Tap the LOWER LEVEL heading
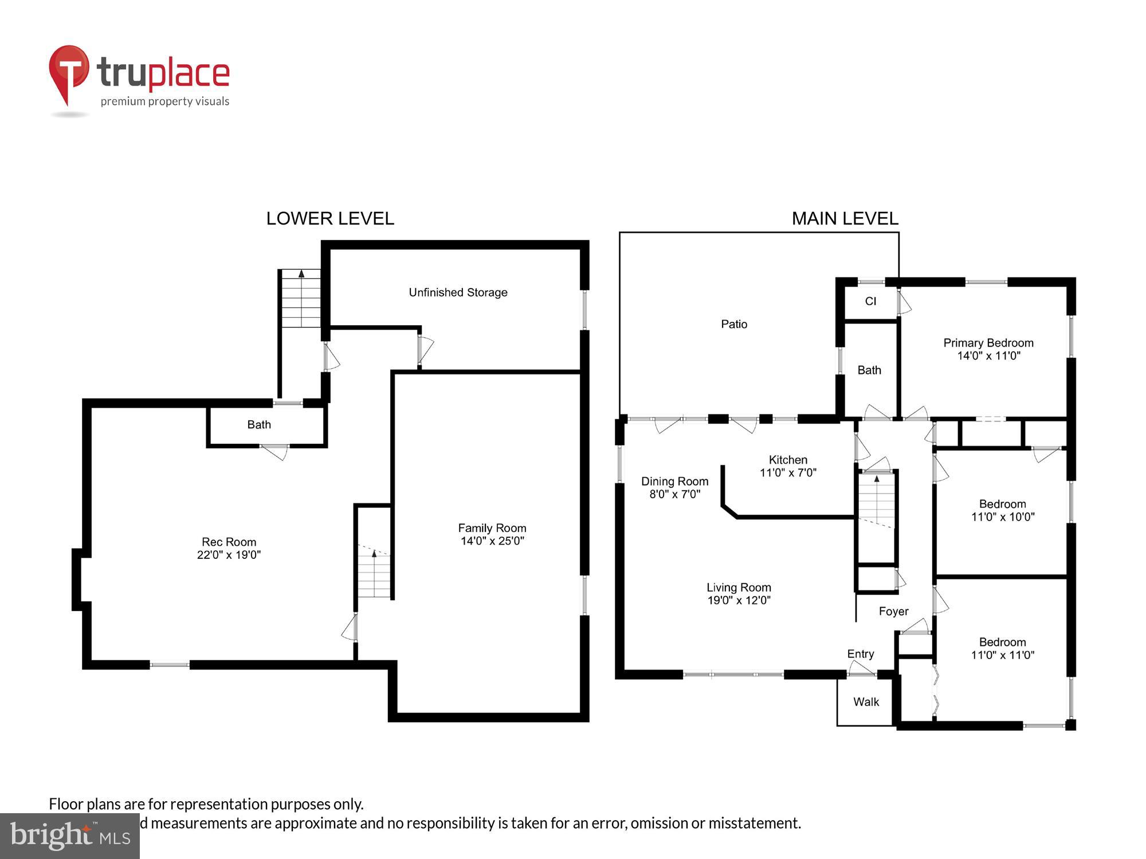(x=330, y=218)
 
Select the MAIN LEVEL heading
(x=845, y=218)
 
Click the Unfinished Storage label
(x=458, y=293)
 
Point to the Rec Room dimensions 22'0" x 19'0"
(x=229, y=555)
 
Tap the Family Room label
(x=492, y=528)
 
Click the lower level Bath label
(x=259, y=425)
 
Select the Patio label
(x=734, y=324)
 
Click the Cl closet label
(x=870, y=301)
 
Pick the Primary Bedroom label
(x=988, y=343)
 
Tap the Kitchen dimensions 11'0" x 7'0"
(x=788, y=473)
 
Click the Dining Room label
(x=674, y=482)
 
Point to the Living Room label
(x=739, y=588)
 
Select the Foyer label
(x=893, y=612)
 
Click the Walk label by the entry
(x=866, y=702)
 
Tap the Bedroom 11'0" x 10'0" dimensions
(x=1003, y=517)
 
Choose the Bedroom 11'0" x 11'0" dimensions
(x=1003, y=655)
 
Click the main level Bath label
(x=869, y=371)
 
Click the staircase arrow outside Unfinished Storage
(x=301, y=275)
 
